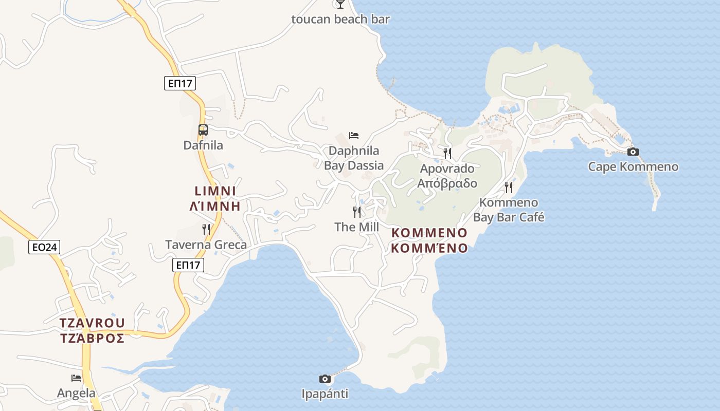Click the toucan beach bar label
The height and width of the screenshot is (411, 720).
tap(340, 20)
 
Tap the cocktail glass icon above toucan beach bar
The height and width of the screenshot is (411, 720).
tap(340, 4)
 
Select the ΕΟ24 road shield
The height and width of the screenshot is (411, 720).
tap(44, 247)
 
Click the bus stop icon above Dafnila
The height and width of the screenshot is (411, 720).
tap(203, 130)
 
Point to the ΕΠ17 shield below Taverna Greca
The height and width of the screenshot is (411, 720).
tap(188, 265)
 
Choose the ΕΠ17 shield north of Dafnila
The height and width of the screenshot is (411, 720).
tap(180, 83)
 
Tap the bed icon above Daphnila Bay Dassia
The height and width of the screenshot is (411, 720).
tap(354, 136)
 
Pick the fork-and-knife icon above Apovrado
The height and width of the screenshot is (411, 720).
tap(447, 153)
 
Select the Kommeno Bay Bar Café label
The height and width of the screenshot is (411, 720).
tap(508, 210)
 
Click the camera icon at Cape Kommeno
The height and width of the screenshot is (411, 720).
tap(633, 152)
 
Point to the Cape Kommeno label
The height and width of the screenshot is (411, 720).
tap(633, 167)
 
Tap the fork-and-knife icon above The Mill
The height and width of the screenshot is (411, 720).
tap(356, 212)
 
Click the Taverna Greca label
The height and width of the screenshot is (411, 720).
tap(206, 245)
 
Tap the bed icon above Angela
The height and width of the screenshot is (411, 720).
tap(76, 378)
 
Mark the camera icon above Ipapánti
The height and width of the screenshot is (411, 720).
tap(325, 379)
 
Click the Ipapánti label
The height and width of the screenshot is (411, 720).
tap(325, 394)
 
